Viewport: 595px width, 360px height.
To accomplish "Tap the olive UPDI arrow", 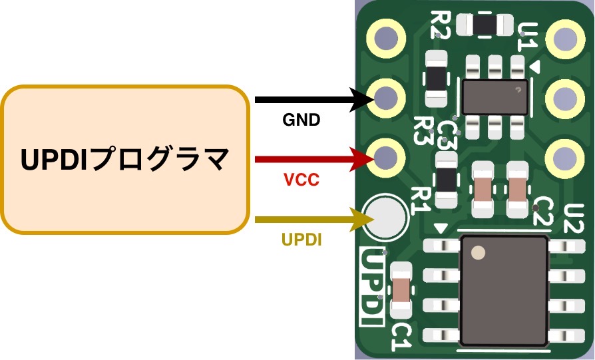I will click(x=306, y=218).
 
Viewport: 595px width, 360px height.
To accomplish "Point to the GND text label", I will click(x=301, y=120).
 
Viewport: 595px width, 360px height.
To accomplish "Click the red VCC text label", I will click(x=301, y=180).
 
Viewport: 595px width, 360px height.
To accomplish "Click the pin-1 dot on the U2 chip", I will click(x=478, y=253).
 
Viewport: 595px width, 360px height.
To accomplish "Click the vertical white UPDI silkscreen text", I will click(x=371, y=287).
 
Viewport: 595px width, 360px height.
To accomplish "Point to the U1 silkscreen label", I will click(x=528, y=36).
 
